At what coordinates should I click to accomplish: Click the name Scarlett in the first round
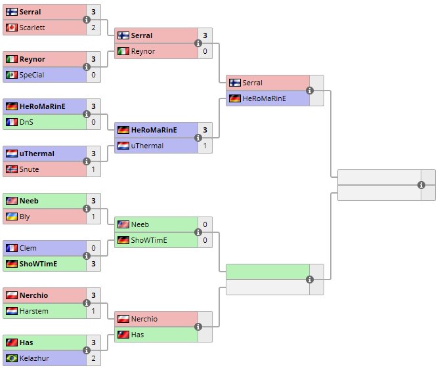click(30, 28)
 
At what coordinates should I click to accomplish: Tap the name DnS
click(26, 122)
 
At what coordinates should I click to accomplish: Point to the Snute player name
click(29, 169)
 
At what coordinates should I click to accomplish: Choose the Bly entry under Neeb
click(25, 217)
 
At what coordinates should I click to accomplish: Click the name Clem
click(28, 248)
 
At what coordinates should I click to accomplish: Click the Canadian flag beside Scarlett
click(12, 28)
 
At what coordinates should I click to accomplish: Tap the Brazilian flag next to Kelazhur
click(12, 358)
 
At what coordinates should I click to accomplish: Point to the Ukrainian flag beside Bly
click(12, 217)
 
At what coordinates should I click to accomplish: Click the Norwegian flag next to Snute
click(12, 169)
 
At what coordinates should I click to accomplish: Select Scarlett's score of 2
click(94, 28)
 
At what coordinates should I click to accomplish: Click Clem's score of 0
click(94, 248)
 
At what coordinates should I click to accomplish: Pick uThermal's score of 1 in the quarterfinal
click(205, 146)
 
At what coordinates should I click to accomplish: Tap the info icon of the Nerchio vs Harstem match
click(87, 303)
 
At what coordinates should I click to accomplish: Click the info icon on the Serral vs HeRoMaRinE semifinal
click(310, 91)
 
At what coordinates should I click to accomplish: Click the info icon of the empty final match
click(421, 185)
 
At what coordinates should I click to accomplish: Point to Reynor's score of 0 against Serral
click(205, 51)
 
